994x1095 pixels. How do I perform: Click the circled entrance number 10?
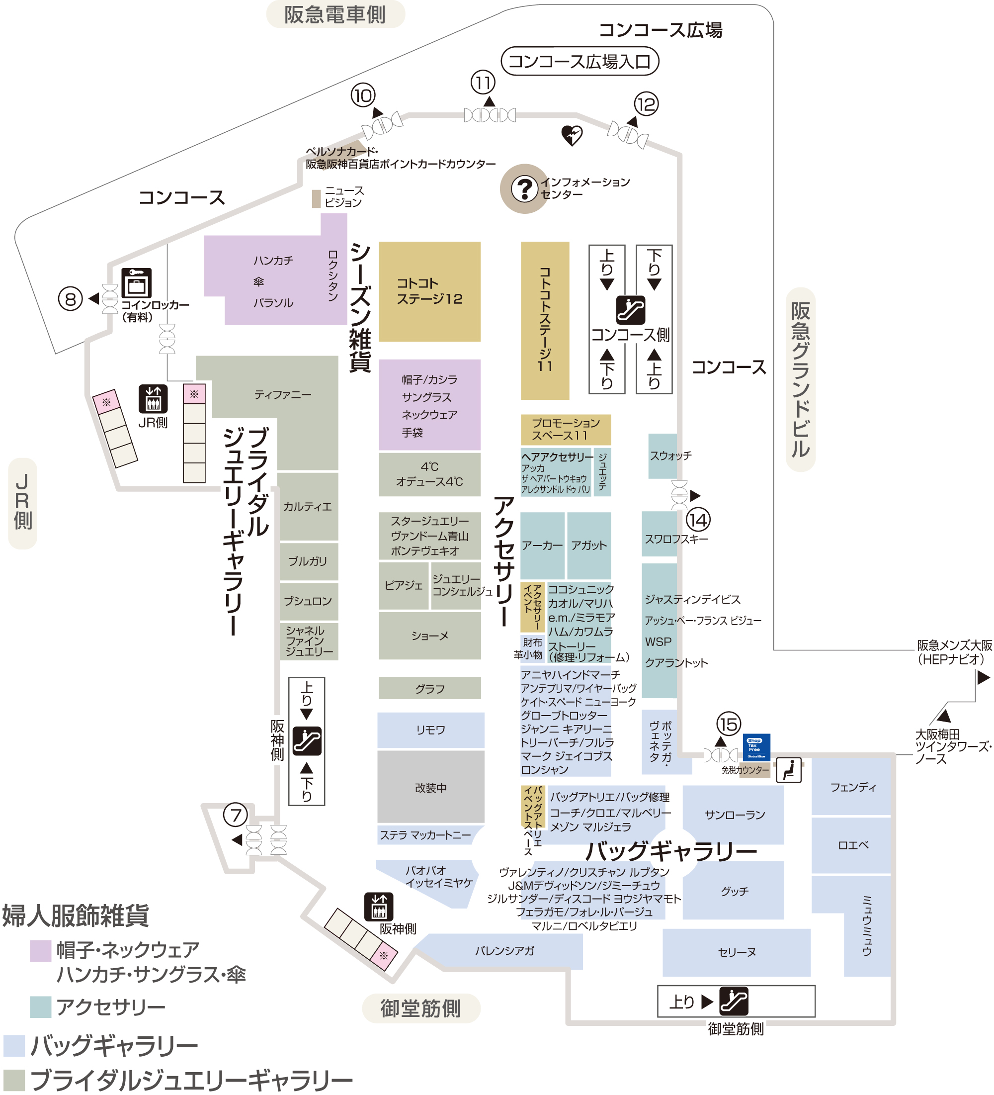363,95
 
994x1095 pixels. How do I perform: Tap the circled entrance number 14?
698,520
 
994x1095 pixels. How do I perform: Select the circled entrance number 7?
236,815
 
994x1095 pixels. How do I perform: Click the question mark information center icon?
524,189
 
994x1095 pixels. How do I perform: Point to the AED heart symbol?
572,135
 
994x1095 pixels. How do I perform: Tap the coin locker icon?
136,283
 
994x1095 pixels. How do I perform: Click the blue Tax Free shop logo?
756,747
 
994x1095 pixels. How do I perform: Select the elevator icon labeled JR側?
153,399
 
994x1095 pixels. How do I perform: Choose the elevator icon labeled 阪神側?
378,907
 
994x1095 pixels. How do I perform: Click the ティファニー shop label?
283,394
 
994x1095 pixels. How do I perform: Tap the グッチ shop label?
735,891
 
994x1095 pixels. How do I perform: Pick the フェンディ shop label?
853,787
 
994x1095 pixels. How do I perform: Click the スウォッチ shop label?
670,456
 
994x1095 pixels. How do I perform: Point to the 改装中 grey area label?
430,788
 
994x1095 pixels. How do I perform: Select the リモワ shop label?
430,730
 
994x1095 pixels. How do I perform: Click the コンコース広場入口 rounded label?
580,61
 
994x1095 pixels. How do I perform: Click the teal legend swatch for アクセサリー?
41,1007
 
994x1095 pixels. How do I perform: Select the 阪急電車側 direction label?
335,14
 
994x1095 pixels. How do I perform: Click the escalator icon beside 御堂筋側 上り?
734,1001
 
